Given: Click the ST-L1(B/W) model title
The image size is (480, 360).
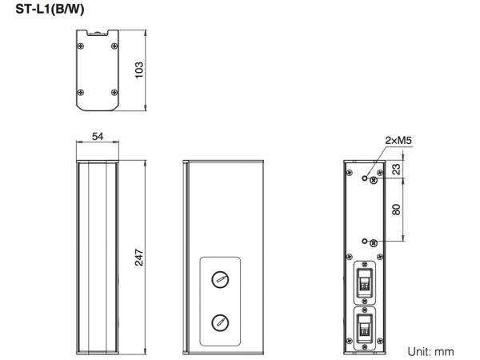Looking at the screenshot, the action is (50, 10).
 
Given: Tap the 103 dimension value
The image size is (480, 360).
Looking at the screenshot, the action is (139, 70).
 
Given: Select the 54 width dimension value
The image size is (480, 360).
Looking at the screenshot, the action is (98, 137).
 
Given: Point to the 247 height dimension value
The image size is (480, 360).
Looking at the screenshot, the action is (139, 258).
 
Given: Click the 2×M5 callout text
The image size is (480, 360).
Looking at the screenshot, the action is (398, 141).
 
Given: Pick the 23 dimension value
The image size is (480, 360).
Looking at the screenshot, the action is (396, 170).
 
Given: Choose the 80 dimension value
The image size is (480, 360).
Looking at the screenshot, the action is (396, 210).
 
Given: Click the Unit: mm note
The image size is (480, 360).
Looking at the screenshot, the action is (430, 351).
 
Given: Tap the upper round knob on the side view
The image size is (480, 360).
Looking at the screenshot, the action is (220, 279).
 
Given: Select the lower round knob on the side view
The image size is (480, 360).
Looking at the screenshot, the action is (220, 322).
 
